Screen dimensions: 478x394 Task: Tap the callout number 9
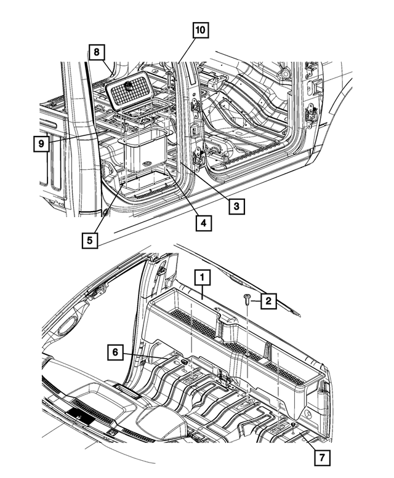[x=41, y=144]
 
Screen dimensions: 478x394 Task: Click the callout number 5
[x=90, y=239]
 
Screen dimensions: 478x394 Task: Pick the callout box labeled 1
[x=201, y=278]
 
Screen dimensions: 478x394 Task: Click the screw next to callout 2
[x=247, y=300]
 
